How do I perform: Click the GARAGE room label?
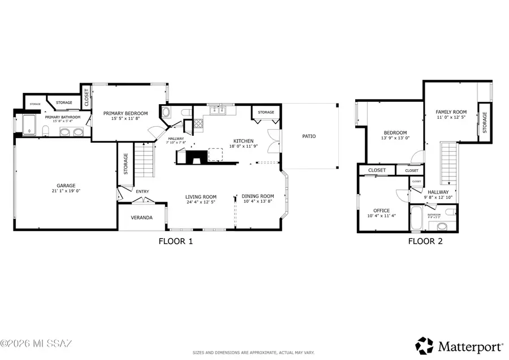pyautogui.click(x=66, y=185)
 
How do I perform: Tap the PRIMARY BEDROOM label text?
pyautogui.click(x=126, y=113)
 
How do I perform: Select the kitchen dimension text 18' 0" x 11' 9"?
pyautogui.click(x=244, y=147)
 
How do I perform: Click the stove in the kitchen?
pyautogui.click(x=199, y=123)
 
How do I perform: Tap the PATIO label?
pyautogui.click(x=309, y=136)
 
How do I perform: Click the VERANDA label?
pyautogui.click(x=141, y=217)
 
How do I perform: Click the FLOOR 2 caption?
pyautogui.click(x=425, y=241)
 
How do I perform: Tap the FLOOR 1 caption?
pyautogui.click(x=175, y=241)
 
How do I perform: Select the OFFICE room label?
pyautogui.click(x=382, y=211)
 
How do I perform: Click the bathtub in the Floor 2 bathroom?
pyautogui.click(x=417, y=221)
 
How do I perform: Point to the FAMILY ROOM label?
pyautogui.click(x=451, y=112)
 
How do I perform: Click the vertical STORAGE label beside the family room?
pyautogui.click(x=485, y=122)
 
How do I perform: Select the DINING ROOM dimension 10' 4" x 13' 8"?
pyautogui.click(x=258, y=202)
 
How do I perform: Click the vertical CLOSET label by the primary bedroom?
pyautogui.click(x=87, y=97)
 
